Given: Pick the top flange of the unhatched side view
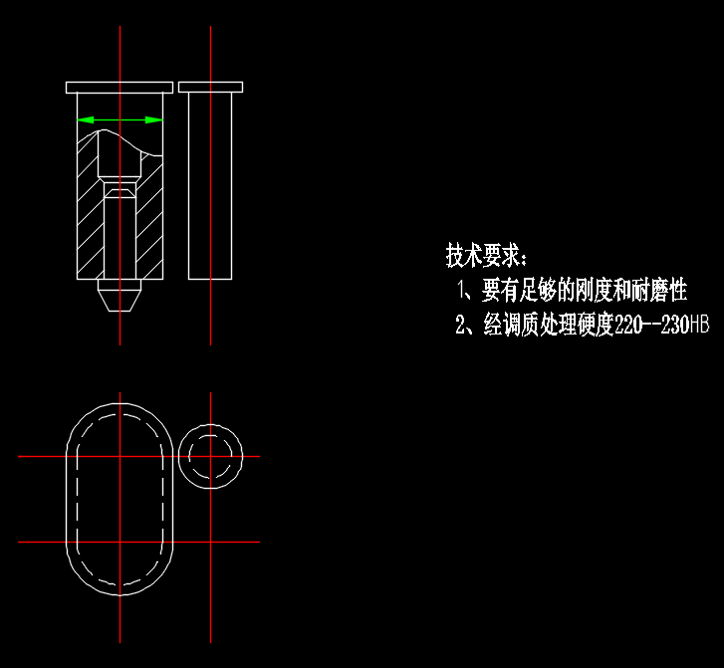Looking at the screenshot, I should (x=211, y=87).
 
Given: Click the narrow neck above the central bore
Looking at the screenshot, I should (x=120, y=189).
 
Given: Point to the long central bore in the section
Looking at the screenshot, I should (x=120, y=239).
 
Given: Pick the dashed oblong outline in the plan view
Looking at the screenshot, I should (x=80, y=498).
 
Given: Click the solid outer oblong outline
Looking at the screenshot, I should (x=67, y=498).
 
